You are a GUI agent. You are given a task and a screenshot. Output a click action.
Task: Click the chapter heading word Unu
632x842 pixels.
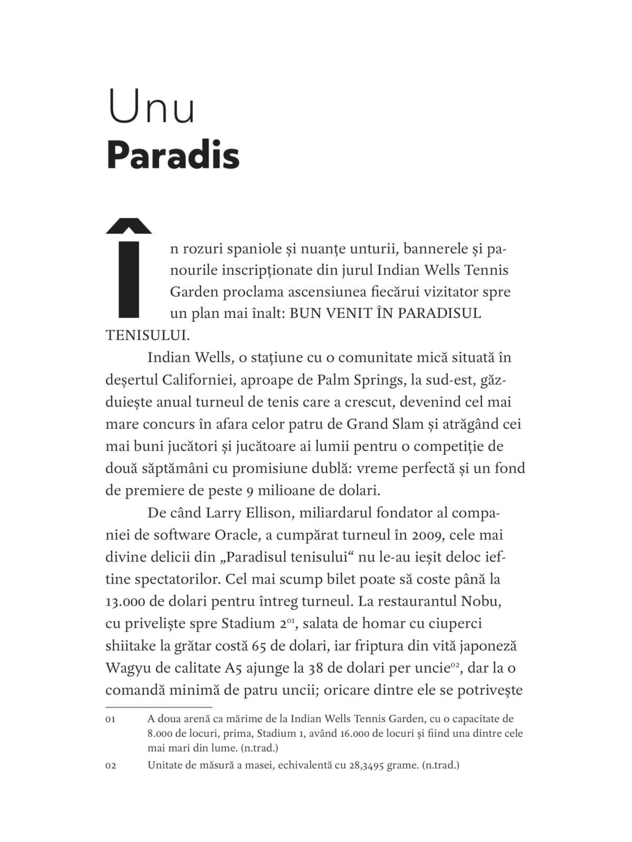coord(151,107)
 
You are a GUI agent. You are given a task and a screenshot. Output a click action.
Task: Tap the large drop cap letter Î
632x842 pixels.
coord(129,268)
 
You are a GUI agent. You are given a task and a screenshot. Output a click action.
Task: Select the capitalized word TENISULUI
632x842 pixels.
coord(147,335)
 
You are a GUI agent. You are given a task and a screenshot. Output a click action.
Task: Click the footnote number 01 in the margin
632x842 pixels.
coord(111,719)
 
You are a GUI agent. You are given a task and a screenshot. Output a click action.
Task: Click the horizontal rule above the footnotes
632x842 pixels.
coord(159,707)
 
